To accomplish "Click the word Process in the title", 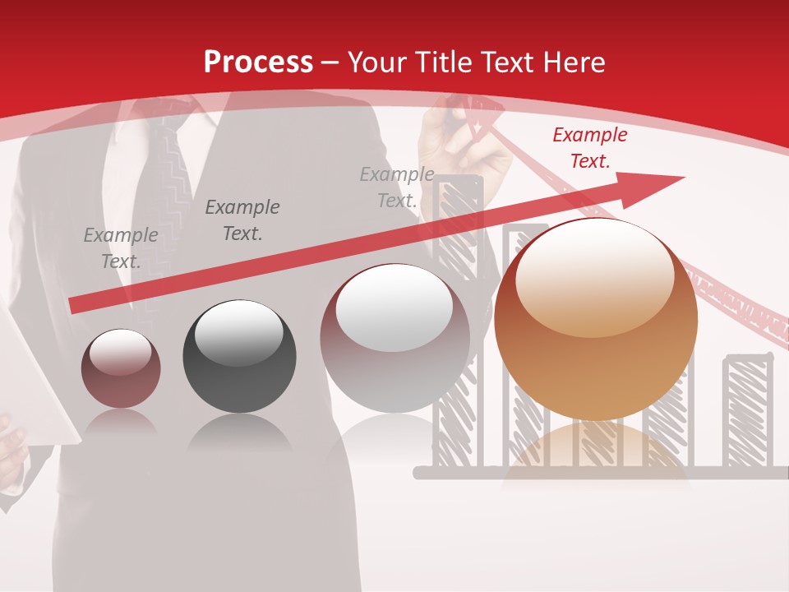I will [x=258, y=62].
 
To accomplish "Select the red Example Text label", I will [x=589, y=148].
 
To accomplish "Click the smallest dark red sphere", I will [x=121, y=368].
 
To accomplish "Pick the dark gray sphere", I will [x=239, y=356].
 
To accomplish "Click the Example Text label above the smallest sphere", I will [x=121, y=248].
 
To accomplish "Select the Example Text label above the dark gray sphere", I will [x=242, y=220].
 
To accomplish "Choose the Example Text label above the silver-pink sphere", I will [x=397, y=187].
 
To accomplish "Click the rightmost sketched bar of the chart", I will [x=747, y=411].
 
